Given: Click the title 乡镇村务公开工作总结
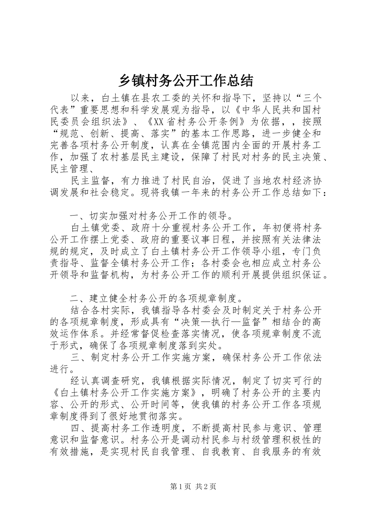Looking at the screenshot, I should pos(185,81).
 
